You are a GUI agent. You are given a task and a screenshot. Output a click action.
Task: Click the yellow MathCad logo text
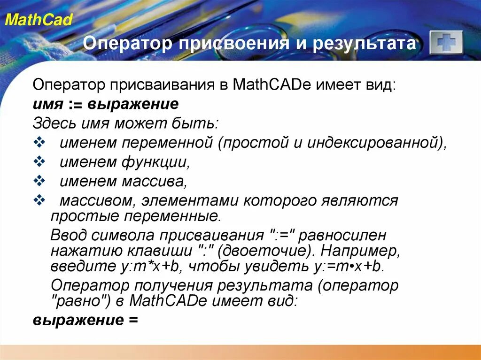(39, 20)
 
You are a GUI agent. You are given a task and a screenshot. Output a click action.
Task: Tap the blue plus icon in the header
(446, 43)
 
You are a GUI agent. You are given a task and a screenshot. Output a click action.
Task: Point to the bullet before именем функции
(39, 162)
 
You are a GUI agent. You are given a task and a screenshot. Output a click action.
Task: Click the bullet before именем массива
(39, 181)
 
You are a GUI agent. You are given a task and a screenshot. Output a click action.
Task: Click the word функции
(156, 162)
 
